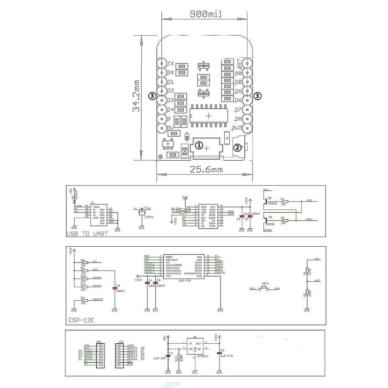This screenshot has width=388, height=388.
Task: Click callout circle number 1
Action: (199, 146)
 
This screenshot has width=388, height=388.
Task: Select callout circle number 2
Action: (238, 148)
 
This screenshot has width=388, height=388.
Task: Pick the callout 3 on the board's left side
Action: (152, 96)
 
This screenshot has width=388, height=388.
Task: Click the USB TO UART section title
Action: (87, 233)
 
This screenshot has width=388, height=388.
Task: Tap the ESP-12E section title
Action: (81, 321)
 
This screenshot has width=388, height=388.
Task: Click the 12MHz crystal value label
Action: (149, 217)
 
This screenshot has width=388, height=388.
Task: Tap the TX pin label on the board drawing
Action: (171, 64)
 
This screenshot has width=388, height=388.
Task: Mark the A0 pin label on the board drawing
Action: (239, 73)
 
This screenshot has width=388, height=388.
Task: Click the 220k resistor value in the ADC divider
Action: (310, 271)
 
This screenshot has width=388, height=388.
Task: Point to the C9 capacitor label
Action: (118, 286)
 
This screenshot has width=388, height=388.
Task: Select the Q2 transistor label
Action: (270, 198)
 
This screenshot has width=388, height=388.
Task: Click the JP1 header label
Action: (99, 341)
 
